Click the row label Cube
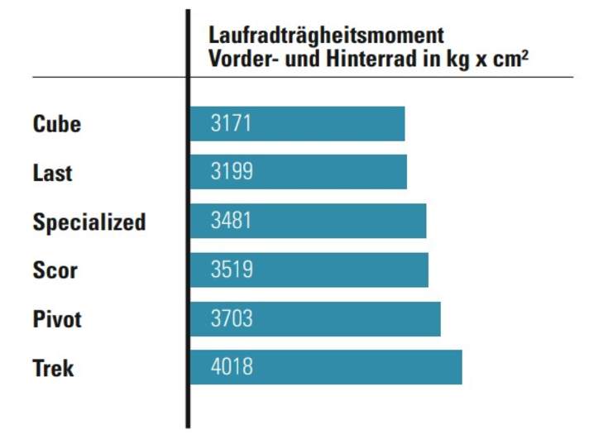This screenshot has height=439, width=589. click(57, 124)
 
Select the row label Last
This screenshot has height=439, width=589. click(52, 173)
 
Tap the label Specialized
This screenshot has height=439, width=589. click(89, 222)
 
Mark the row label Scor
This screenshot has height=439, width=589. click(55, 270)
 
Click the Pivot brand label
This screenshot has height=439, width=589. click(57, 319)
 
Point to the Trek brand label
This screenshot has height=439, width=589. click(53, 368)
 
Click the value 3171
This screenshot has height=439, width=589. click(231, 124)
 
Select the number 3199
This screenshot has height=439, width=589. click(232, 172)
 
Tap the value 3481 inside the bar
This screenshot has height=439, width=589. click(232, 221)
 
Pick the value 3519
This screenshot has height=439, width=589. click(232, 270)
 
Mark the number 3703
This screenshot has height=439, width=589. click(232, 318)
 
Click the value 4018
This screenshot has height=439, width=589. click(232, 367)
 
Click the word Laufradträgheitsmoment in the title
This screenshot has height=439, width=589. click(326, 36)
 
